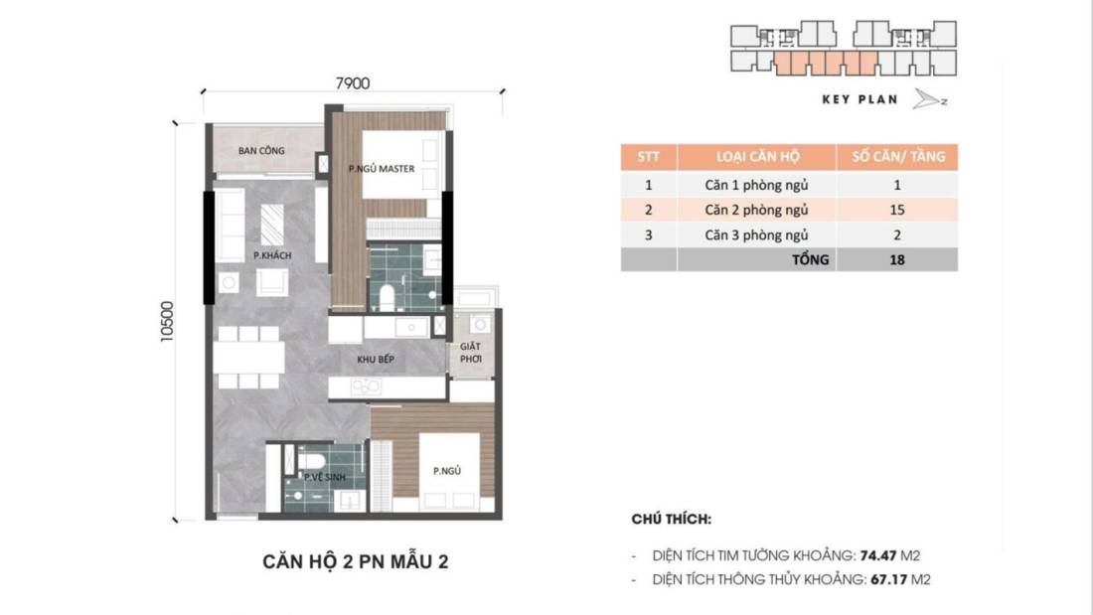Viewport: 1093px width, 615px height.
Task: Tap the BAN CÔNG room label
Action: (261, 150)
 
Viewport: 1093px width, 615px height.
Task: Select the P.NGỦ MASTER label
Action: (381, 169)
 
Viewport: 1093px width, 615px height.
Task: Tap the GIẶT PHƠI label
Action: (470, 354)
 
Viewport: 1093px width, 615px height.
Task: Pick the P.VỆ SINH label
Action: (324, 479)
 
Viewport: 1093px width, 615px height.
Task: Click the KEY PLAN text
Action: (859, 99)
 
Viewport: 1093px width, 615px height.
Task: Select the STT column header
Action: (648, 157)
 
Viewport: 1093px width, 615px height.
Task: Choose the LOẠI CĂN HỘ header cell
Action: (756, 157)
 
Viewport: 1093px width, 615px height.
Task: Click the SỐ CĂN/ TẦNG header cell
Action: (896, 157)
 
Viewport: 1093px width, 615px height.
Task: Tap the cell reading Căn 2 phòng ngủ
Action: (756, 210)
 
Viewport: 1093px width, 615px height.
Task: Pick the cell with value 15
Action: (896, 210)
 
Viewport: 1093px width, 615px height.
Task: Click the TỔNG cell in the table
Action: (811, 260)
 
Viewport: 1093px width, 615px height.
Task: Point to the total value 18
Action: (896, 260)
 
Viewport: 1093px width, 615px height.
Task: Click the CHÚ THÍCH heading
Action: (671, 520)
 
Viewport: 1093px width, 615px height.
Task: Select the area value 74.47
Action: (889, 555)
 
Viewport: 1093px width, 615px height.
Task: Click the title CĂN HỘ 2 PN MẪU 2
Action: (355, 562)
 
